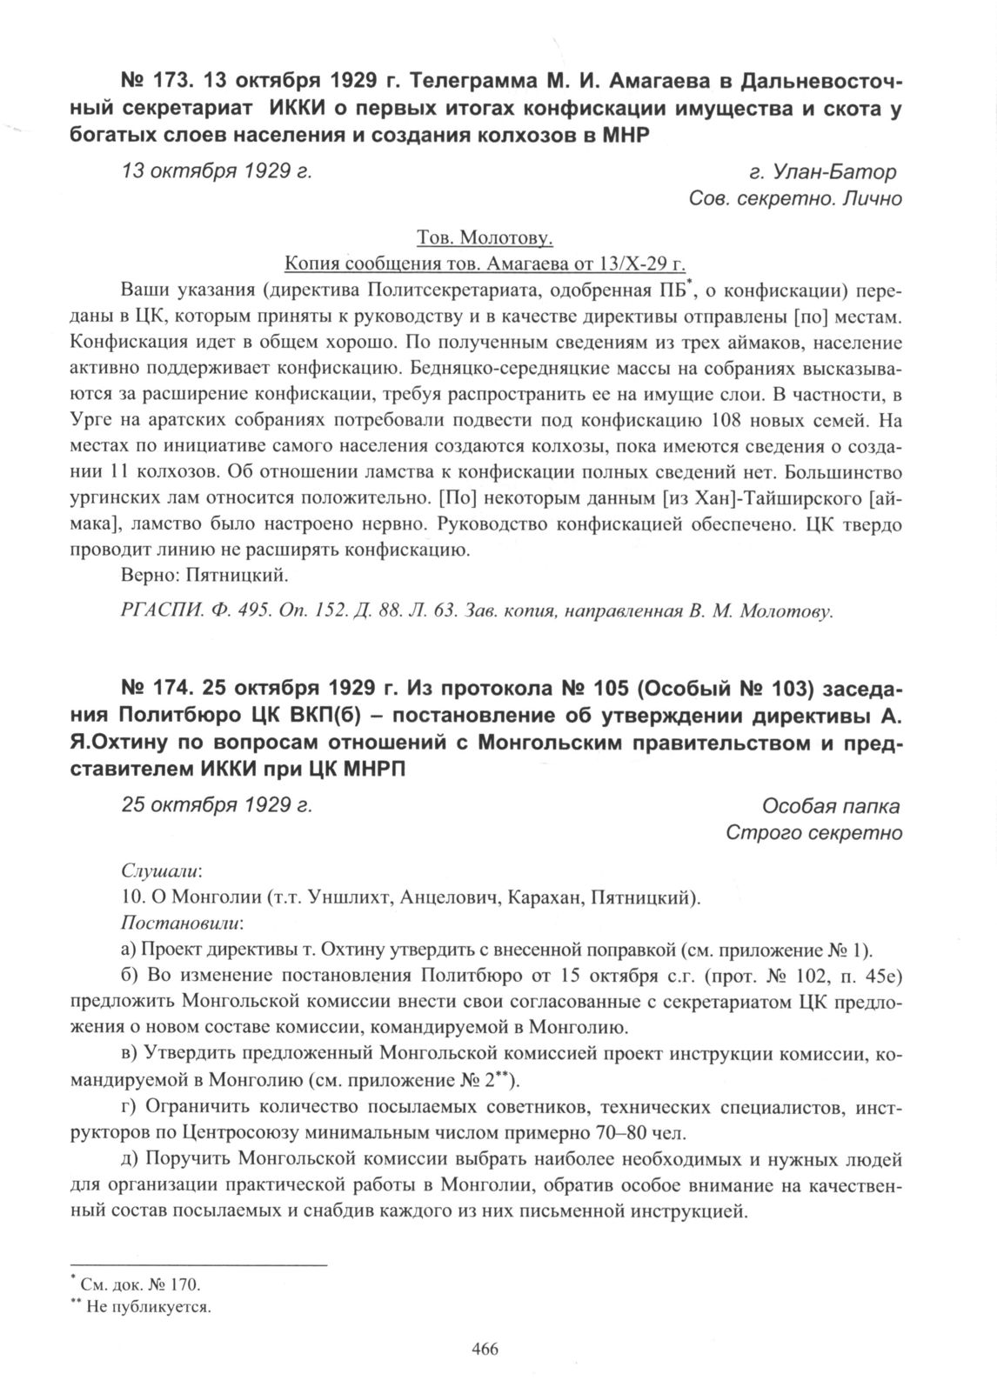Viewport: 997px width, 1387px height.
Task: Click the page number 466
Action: [484, 1349]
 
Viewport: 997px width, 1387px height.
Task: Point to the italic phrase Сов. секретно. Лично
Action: [794, 199]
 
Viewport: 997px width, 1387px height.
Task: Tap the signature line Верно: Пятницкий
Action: [204, 575]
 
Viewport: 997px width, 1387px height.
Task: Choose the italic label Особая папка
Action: [831, 805]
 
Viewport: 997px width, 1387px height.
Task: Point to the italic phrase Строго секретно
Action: [813, 833]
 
